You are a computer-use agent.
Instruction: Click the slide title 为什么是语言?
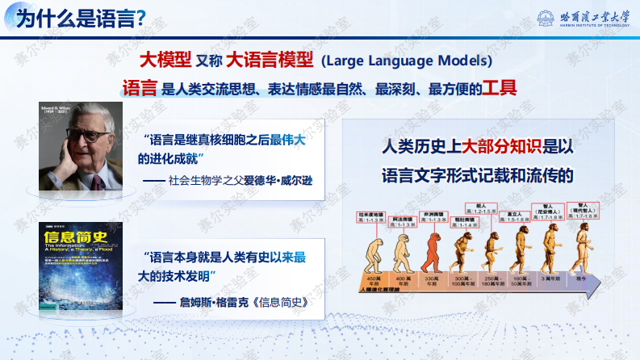(82, 17)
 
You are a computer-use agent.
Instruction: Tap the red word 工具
(499, 87)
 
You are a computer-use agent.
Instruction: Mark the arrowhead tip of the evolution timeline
(603, 283)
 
